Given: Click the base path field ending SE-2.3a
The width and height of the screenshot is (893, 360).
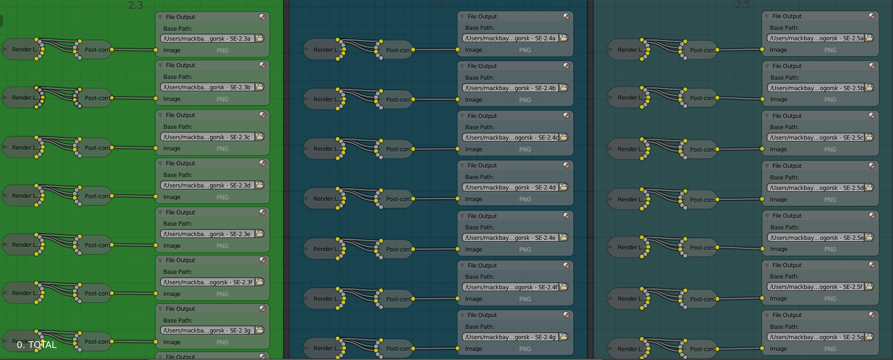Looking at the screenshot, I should pyautogui.click(x=207, y=39).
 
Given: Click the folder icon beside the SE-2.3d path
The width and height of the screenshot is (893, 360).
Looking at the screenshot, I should pyautogui.click(x=259, y=185).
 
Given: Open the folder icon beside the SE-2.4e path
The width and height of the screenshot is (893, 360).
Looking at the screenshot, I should pyautogui.click(x=563, y=237).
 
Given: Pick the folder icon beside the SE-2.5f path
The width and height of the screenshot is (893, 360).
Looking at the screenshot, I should pyautogui.click(x=868, y=286).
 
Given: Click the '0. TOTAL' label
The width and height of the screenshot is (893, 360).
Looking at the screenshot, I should pyautogui.click(x=37, y=345).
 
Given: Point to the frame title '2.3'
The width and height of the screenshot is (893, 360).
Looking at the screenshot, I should pyautogui.click(x=136, y=5).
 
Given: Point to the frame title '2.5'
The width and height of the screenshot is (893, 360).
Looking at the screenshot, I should pyautogui.click(x=743, y=5).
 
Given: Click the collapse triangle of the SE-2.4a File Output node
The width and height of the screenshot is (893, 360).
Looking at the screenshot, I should pyautogui.click(x=462, y=17).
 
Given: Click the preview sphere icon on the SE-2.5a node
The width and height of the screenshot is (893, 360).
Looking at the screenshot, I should pyautogui.click(x=872, y=16).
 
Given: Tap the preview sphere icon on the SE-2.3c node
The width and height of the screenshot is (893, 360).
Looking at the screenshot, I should pyautogui.click(x=262, y=115).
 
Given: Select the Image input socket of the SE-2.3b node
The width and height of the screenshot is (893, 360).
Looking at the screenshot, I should pyautogui.click(x=155, y=99).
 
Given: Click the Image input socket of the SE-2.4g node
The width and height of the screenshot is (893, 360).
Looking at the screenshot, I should pyautogui.click(x=457, y=348).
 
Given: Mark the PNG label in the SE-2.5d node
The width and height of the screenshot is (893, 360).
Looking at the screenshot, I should pyautogui.click(x=830, y=200).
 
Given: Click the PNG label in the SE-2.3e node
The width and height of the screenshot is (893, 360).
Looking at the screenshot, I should pyautogui.click(x=222, y=246).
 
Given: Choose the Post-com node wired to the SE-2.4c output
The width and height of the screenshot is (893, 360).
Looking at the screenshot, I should pyautogui.click(x=397, y=149).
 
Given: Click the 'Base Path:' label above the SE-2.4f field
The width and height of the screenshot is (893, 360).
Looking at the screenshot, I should pyautogui.click(x=479, y=277).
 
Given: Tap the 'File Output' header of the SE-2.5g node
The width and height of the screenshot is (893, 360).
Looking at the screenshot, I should pyautogui.click(x=787, y=315).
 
